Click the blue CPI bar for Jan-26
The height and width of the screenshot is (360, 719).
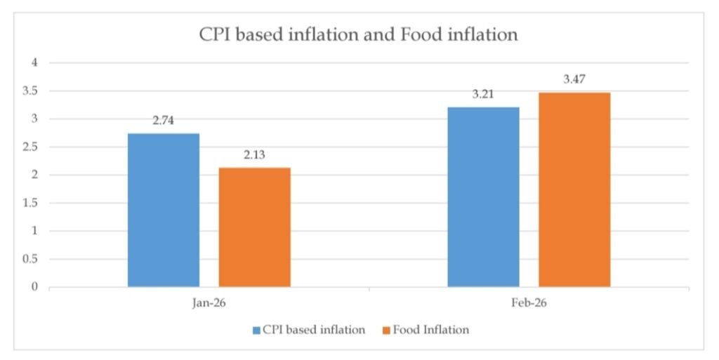164,210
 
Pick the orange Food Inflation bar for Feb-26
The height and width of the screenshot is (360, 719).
574,189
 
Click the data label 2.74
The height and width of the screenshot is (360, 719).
163,121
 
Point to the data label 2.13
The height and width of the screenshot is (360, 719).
254,154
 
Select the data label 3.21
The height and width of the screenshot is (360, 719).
483,94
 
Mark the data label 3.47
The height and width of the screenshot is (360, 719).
574,79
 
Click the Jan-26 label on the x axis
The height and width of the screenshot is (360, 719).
209,306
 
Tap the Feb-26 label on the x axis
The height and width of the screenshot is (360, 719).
529,306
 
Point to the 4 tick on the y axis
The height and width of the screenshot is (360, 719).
33,63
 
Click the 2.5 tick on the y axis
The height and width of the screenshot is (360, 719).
29,147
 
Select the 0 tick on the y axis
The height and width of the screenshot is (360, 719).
33,287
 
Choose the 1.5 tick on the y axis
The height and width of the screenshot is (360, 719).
29,204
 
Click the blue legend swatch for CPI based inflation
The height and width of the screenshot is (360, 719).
256,330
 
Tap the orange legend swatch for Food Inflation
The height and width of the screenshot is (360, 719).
387,330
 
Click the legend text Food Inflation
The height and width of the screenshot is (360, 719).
431,330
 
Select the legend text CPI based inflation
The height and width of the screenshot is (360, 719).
314,330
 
